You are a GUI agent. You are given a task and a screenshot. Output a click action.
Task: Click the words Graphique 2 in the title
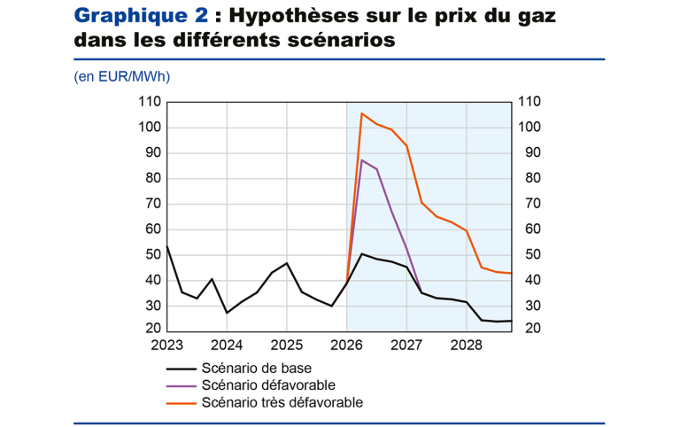tap(143, 15)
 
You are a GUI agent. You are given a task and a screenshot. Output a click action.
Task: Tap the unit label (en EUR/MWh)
tap(122, 76)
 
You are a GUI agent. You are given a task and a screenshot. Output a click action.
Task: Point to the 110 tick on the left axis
tap(150, 102)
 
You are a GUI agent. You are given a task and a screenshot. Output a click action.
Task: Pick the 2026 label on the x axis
tap(346, 345)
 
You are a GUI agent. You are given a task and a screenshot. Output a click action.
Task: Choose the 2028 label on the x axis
tap(466, 345)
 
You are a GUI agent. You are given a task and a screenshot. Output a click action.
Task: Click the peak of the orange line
tap(361, 113)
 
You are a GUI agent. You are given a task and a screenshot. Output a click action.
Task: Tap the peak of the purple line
tap(361, 160)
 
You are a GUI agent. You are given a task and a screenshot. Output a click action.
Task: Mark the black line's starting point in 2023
tap(167, 246)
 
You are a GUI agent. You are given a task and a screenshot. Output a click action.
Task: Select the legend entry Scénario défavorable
tap(268, 384)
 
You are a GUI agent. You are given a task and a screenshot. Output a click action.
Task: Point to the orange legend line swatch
tap(182, 401)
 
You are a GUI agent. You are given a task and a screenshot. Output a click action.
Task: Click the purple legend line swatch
tap(182, 384)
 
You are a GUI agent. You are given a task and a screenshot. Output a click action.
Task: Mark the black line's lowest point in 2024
tap(227, 313)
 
